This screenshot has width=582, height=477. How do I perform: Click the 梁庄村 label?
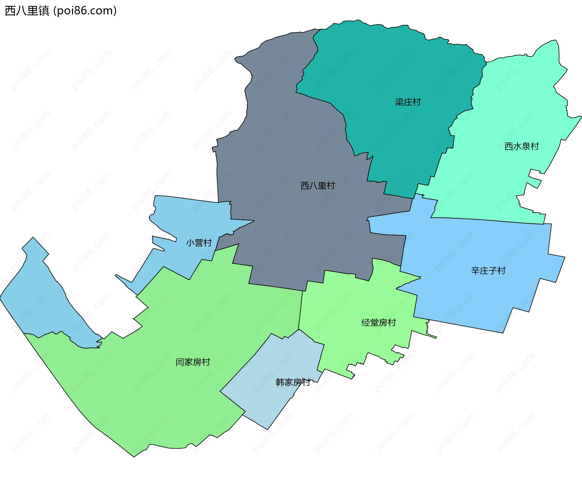(x=408, y=102)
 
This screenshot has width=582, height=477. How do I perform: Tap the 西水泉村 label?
(x=521, y=146)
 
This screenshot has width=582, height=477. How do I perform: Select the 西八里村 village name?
(x=317, y=185)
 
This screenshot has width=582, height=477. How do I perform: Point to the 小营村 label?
(x=199, y=243)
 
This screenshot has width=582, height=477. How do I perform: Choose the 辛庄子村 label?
(x=488, y=271)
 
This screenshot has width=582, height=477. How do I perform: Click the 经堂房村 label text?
(x=379, y=322)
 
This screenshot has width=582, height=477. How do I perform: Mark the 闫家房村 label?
(x=192, y=362)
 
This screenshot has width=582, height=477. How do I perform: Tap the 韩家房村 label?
(x=293, y=382)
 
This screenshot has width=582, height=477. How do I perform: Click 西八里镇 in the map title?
(x=27, y=11)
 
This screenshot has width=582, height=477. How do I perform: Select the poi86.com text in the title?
(x=85, y=11)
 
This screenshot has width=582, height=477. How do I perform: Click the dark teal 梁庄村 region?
(x=394, y=67)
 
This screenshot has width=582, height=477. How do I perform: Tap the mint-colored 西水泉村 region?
(x=515, y=106)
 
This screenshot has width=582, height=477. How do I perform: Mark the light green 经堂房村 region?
(x=349, y=303)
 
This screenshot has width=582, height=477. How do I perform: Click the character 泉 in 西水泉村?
(x=526, y=146)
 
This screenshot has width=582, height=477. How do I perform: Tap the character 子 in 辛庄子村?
(x=492, y=271)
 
